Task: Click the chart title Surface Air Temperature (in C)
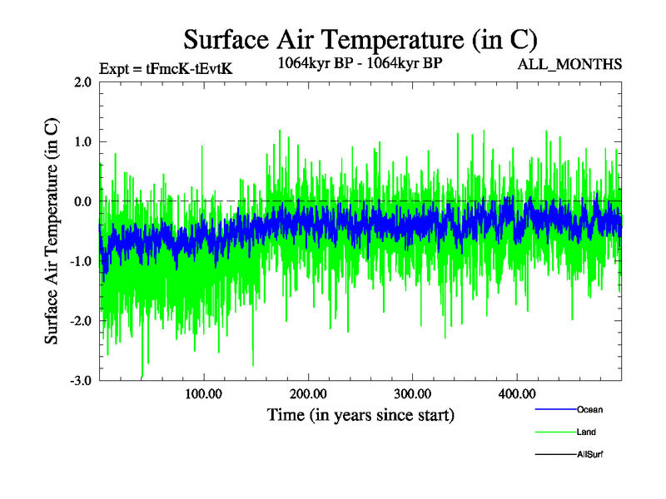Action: pos(360,39)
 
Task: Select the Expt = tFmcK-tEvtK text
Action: pos(165,69)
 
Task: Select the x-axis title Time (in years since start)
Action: pos(360,413)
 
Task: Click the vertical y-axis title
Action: pos(52,231)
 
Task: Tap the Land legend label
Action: pos(586,432)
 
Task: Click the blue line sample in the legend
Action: pos(554,409)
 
